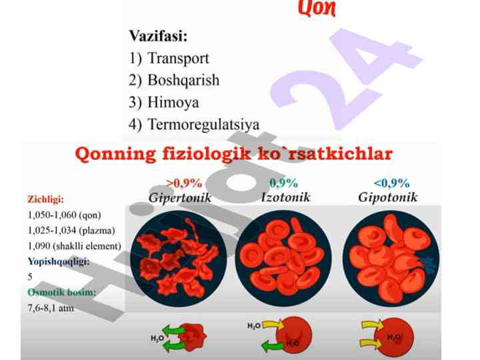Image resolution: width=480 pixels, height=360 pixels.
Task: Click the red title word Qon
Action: [317, 7]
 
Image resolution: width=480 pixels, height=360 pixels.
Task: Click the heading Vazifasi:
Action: [158, 36]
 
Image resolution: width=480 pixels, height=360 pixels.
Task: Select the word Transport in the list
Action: [178, 58]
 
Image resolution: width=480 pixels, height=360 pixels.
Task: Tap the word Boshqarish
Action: [183, 80]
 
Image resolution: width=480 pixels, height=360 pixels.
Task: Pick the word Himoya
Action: [173, 102]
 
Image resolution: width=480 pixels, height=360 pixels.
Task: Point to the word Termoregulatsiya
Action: [203, 124]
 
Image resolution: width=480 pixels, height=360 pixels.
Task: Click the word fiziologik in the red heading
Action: [206, 153]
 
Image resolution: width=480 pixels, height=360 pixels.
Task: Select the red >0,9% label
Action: [184, 183]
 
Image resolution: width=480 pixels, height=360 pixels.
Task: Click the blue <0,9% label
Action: [391, 183]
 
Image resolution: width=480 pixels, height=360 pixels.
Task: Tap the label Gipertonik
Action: [180, 197]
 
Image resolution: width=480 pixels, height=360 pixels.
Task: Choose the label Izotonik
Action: [285, 197]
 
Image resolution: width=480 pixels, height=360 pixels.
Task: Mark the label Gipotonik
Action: [388, 197]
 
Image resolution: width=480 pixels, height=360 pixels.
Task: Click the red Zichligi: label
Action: [45, 199]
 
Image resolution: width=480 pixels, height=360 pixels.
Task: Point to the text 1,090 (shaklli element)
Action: [75, 246]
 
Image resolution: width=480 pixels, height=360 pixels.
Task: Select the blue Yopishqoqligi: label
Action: [59, 261]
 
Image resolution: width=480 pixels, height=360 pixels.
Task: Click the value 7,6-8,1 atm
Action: [51, 307]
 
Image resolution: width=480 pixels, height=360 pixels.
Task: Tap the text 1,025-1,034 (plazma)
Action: [71, 230]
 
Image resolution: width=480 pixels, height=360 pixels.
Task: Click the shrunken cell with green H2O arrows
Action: [193, 337]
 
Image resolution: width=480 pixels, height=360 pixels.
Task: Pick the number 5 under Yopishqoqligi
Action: [30, 277]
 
